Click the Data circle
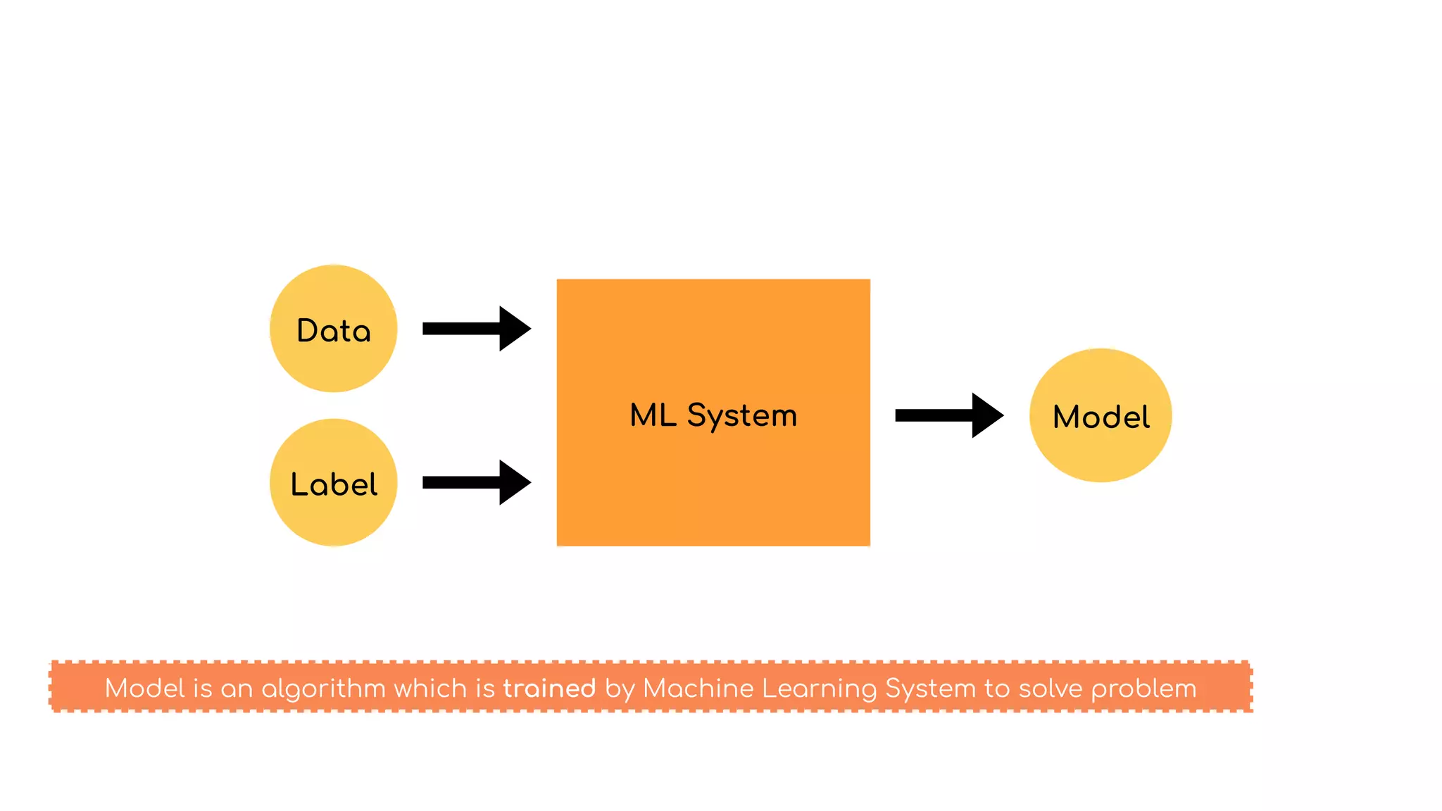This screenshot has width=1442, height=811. click(x=333, y=329)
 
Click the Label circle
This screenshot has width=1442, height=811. click(x=333, y=483)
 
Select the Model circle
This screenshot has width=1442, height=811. click(x=1101, y=415)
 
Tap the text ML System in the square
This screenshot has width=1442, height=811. click(x=713, y=415)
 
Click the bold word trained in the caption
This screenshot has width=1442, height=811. click(x=549, y=688)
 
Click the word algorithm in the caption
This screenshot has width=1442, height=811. click(x=323, y=689)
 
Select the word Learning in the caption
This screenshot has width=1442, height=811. click(x=819, y=689)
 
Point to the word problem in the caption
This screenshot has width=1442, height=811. click(x=1143, y=689)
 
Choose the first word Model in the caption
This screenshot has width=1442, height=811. click(x=144, y=688)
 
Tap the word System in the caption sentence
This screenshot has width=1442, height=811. click(x=930, y=689)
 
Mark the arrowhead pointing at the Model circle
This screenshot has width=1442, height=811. click(x=986, y=415)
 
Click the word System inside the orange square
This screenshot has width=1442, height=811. click(x=741, y=416)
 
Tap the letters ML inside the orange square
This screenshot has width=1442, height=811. click(x=653, y=415)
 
